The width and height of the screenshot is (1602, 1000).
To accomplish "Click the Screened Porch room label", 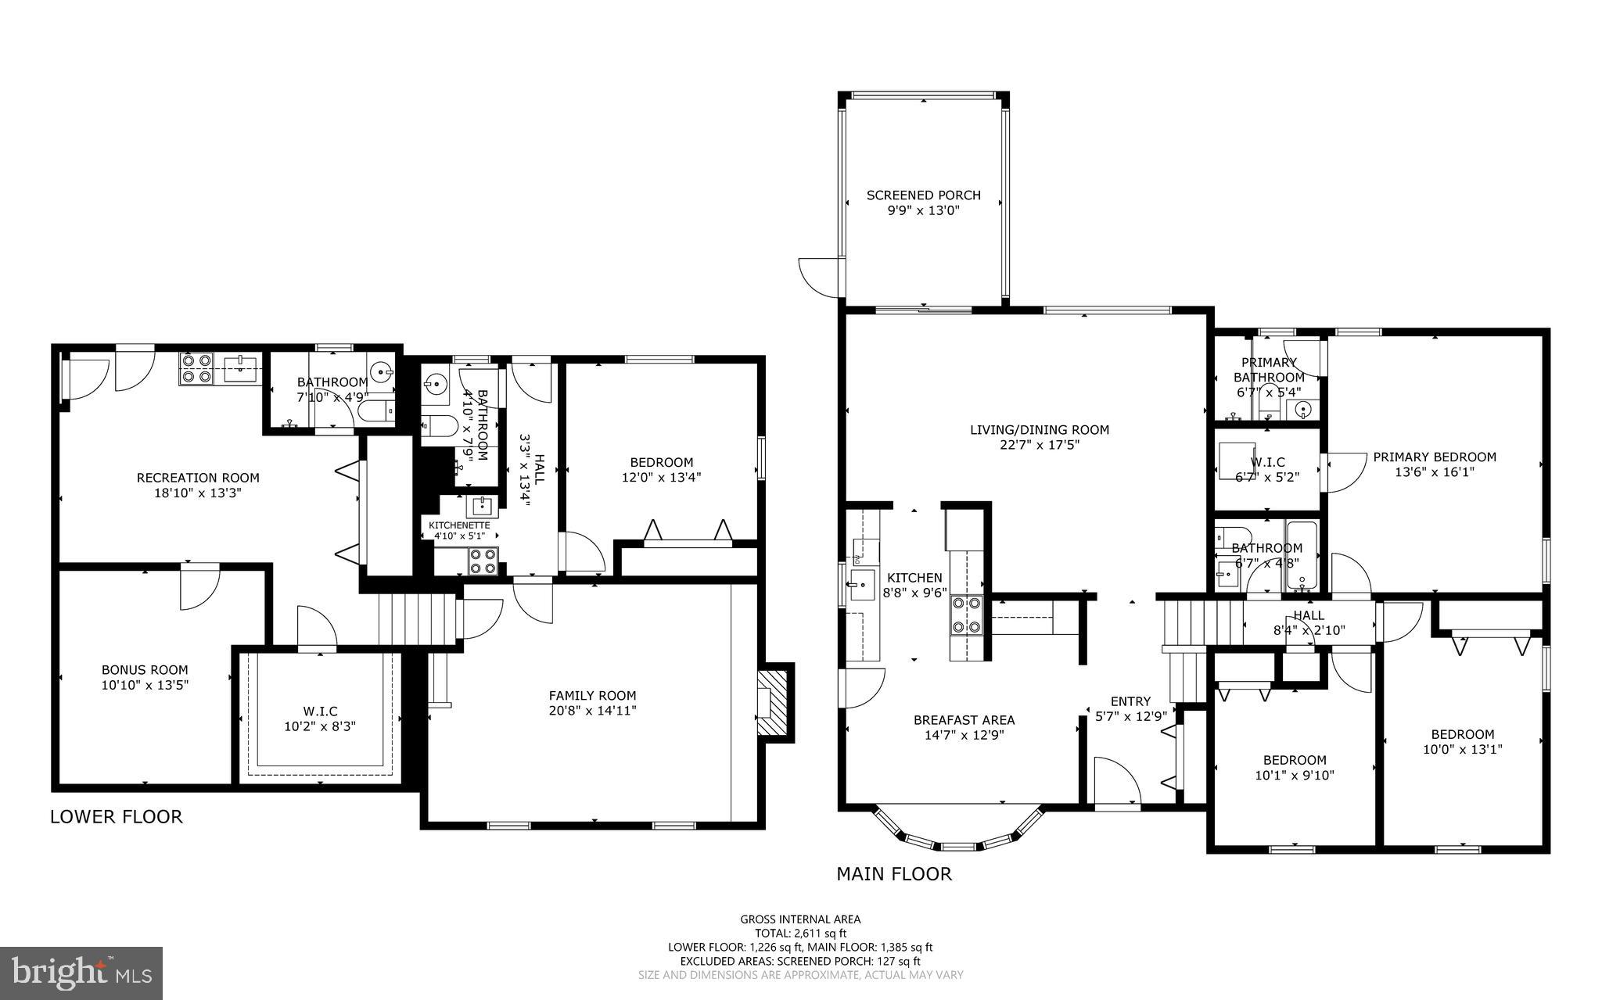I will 923,195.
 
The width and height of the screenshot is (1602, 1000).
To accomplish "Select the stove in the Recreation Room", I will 196,368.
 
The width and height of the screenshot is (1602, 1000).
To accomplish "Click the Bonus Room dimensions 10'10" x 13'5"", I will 145,685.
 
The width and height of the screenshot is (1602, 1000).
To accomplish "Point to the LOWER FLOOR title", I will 117,817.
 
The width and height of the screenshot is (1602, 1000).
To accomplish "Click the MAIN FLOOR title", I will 894,874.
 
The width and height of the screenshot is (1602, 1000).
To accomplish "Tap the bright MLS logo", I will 81,973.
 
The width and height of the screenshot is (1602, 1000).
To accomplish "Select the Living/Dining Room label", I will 1040,429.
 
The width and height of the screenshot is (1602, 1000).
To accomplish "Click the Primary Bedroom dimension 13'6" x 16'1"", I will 1435,471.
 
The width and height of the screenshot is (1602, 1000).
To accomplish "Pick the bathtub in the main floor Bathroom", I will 1301,555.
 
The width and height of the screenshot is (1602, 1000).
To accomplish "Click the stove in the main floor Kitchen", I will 967,615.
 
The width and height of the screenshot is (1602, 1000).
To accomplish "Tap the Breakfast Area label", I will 964,720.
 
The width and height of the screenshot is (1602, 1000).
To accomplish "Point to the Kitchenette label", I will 459,525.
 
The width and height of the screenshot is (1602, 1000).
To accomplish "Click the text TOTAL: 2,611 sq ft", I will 800,933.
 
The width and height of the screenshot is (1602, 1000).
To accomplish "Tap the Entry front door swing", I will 1115,780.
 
